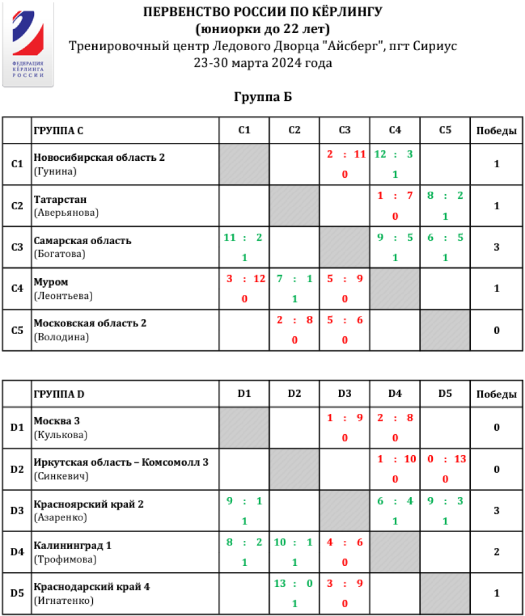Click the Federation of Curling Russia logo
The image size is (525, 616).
point(28,45)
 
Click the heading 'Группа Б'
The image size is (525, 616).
point(262,97)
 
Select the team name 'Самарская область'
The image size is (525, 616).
point(82,241)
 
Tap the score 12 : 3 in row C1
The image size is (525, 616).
point(394,154)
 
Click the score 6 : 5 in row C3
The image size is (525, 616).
point(444,238)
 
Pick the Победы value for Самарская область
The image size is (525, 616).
point(496,247)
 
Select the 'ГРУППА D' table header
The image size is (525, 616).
point(59,395)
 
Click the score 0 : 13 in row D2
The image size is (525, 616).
point(444,459)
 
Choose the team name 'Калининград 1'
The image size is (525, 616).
point(72,545)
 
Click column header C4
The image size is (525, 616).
point(394,131)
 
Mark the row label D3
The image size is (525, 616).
point(17,511)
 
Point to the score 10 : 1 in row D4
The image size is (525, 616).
point(294,543)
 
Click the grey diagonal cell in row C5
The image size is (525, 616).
point(444,330)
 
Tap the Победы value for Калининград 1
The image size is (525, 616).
point(496,552)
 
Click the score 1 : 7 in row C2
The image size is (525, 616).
point(394,196)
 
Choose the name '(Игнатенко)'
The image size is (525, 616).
point(64,600)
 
